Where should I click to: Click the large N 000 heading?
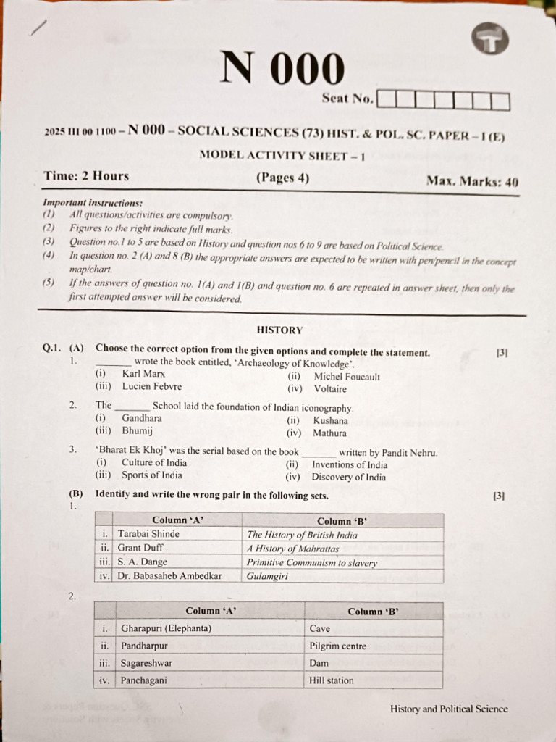tap(282, 69)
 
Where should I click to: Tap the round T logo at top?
tap(492, 42)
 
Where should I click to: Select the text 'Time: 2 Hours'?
tap(86, 176)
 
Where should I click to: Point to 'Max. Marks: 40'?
tap(472, 181)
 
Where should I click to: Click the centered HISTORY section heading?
tap(279, 330)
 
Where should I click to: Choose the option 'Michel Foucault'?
tap(346, 377)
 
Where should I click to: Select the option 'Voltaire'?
tap(329, 389)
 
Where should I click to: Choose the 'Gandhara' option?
tap(142, 418)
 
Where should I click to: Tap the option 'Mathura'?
tap(329, 433)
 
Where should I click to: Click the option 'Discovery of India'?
tap(348, 477)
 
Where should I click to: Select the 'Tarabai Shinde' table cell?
tap(148, 534)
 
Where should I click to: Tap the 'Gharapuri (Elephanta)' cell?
tap(166, 628)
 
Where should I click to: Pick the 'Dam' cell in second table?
tap(319, 663)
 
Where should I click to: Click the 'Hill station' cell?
tap(331, 680)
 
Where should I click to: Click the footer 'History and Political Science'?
tap(449, 709)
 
